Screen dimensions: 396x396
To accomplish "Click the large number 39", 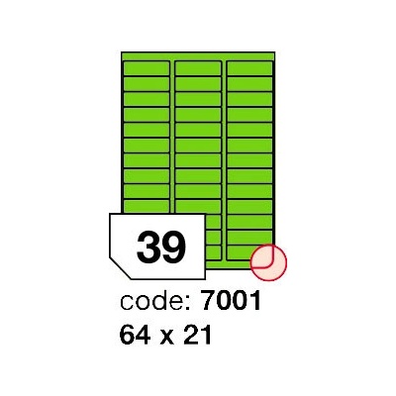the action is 161,247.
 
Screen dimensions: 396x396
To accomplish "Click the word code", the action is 151,301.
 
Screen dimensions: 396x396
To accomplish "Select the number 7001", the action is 231,301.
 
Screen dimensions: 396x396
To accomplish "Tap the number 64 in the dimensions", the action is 136,334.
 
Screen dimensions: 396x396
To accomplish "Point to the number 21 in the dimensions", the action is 196,334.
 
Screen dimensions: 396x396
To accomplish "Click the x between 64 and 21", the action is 166,337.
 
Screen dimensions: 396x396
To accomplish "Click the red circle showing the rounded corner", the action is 268,262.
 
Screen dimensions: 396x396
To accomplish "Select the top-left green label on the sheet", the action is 147,68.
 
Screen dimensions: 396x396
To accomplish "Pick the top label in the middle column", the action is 198,68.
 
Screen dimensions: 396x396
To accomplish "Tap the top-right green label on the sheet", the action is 249,68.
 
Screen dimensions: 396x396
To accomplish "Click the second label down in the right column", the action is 249,84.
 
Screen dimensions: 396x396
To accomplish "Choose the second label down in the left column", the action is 147,84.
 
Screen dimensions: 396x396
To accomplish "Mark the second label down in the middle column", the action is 198,84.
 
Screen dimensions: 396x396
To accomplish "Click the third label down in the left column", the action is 147,99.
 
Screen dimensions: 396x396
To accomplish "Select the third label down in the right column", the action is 249,99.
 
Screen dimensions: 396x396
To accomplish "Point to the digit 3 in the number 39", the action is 148,247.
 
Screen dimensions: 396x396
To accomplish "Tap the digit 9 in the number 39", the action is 174,247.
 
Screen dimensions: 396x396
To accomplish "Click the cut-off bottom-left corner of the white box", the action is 120,268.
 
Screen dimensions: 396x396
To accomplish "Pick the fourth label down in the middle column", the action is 198,115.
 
